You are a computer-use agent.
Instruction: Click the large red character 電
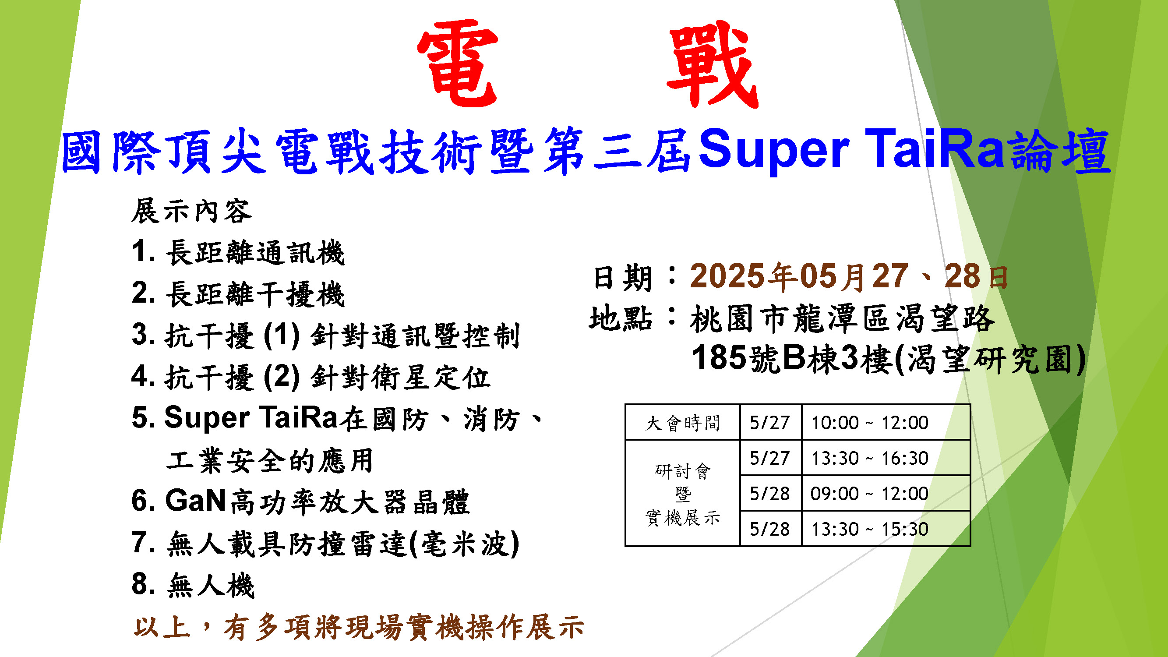[x=458, y=64]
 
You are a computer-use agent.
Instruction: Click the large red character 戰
[x=713, y=64]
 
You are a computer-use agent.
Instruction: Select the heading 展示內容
[x=191, y=211]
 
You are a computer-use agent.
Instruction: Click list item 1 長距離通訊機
[x=238, y=252]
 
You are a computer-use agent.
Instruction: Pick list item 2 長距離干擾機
[x=238, y=294]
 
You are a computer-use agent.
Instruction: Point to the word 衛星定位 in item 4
[x=431, y=377]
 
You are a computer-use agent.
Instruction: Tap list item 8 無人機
[x=193, y=585]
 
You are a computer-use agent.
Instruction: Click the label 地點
[x=620, y=318]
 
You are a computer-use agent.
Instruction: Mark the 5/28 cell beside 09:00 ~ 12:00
[x=770, y=493]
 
